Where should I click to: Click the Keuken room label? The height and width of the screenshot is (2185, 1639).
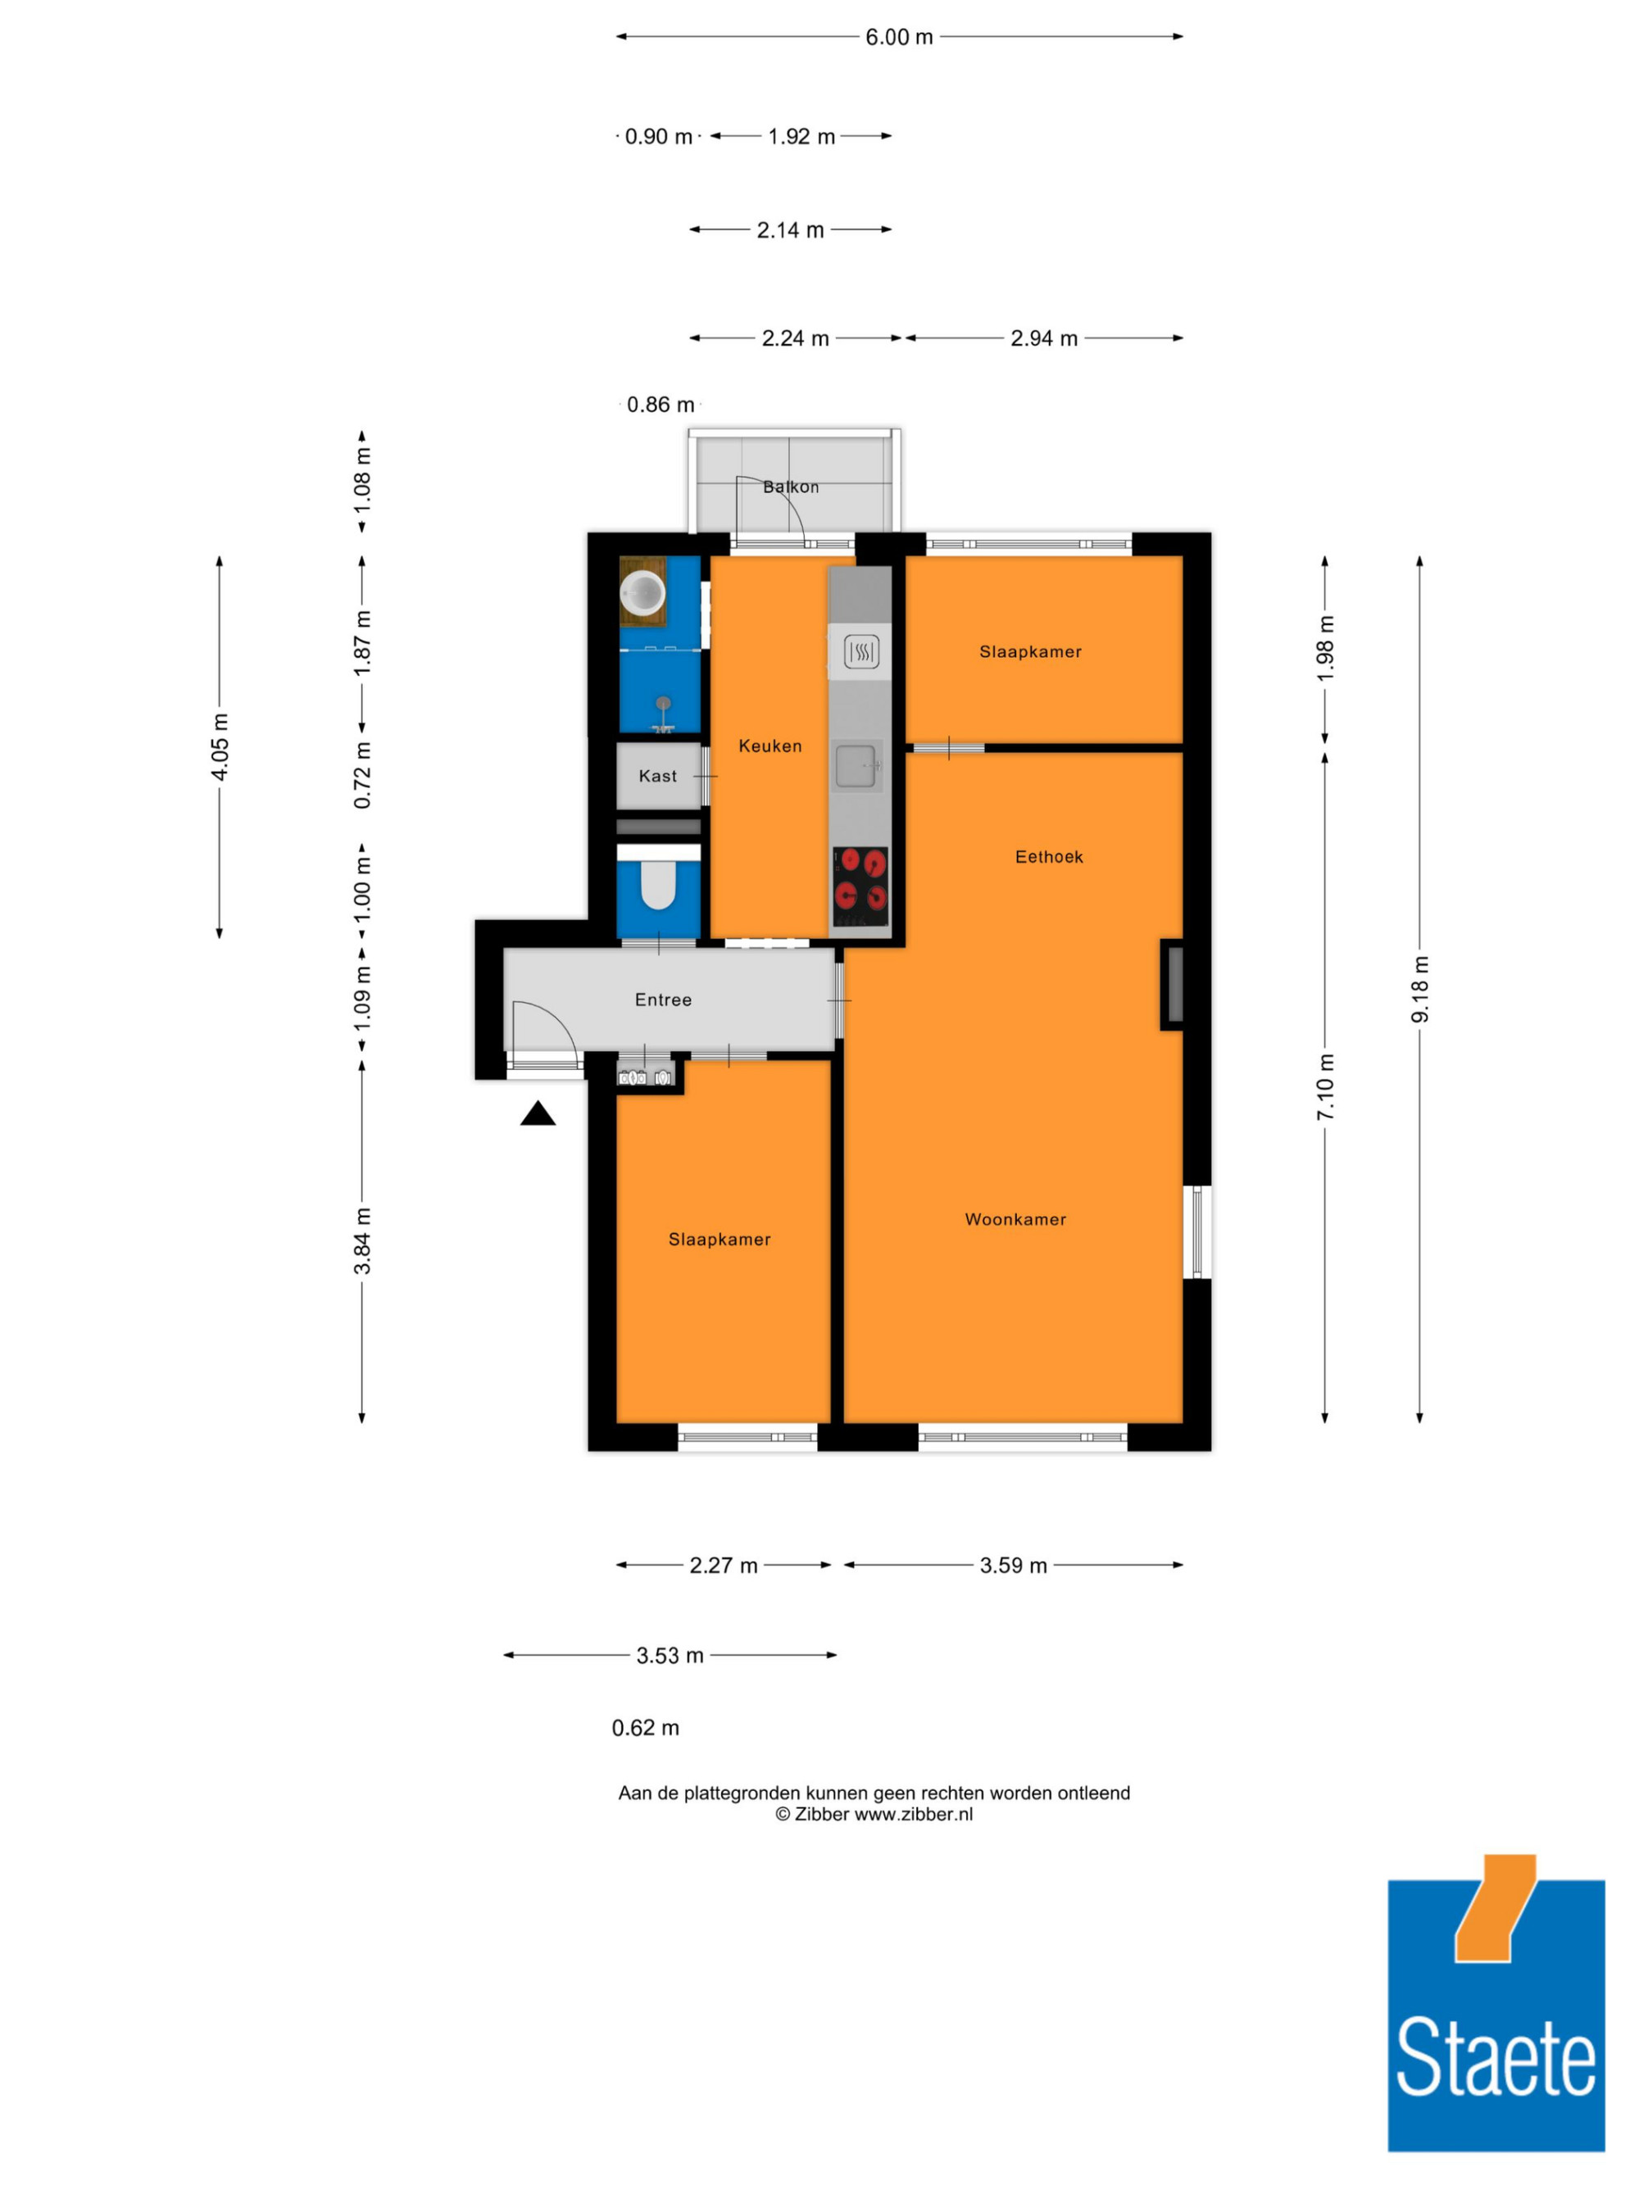(x=770, y=746)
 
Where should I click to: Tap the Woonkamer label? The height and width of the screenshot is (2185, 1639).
(x=1015, y=1219)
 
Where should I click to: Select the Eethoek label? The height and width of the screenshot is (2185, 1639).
(x=1049, y=856)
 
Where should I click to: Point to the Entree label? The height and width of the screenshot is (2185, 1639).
(x=663, y=1000)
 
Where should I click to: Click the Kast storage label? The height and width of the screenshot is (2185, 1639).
(x=658, y=775)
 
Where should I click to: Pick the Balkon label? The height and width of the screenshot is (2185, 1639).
(x=790, y=486)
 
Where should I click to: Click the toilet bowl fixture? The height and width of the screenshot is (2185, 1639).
(x=658, y=885)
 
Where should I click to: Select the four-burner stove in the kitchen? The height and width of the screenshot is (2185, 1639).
(x=860, y=886)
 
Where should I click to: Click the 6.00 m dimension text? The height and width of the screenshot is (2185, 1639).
(x=899, y=37)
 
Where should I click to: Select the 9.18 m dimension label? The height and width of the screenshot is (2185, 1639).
(x=1419, y=989)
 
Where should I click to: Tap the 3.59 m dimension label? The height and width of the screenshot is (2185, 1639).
(x=1014, y=1565)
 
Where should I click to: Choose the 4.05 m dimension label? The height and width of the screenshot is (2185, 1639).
(x=220, y=747)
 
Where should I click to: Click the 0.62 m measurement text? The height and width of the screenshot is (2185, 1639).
(x=645, y=1728)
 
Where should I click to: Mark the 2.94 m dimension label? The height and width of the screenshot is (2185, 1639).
(x=1043, y=338)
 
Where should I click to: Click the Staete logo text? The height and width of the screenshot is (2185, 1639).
(x=1496, y=2056)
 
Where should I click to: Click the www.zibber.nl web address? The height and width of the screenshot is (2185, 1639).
(x=914, y=1814)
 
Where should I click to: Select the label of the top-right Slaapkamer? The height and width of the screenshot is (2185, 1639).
(x=1030, y=651)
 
